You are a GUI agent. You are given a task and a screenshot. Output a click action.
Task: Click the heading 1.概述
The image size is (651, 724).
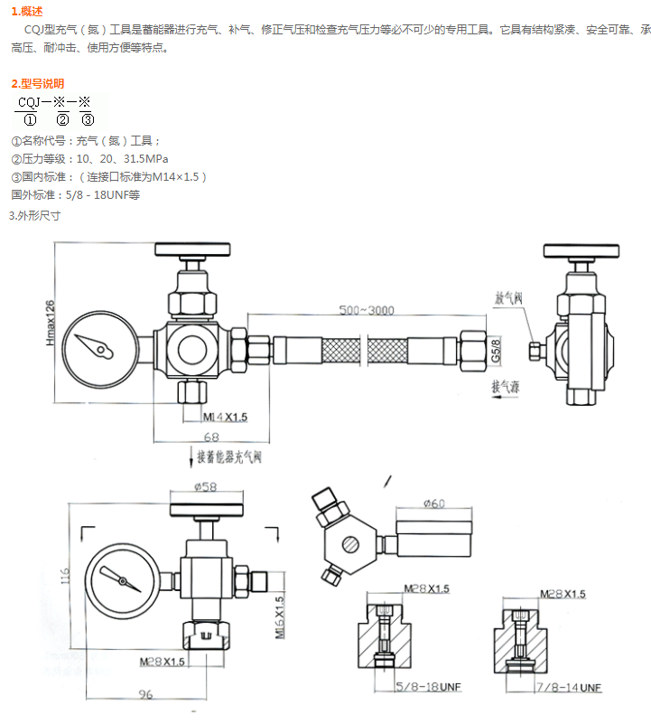tap(26, 11)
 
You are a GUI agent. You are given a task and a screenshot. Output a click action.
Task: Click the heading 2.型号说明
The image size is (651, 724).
tap(37, 84)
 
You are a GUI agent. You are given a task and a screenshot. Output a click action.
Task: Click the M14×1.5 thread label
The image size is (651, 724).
tap(224, 417)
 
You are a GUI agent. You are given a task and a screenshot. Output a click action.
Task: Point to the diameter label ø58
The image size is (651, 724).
tap(204, 488)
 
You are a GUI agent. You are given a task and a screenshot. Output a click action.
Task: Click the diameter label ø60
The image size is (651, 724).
tap(433, 503)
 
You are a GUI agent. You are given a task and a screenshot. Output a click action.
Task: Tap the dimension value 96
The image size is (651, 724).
tap(144, 694)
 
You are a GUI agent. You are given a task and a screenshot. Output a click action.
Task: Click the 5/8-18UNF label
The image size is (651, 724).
tap(428, 687)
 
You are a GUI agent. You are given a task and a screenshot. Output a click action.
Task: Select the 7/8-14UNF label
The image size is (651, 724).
tap(569, 687)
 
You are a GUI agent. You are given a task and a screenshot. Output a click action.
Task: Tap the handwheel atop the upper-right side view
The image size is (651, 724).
tap(581, 250)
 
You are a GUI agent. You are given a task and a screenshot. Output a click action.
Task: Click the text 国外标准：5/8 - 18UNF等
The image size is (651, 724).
tap(75, 194)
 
